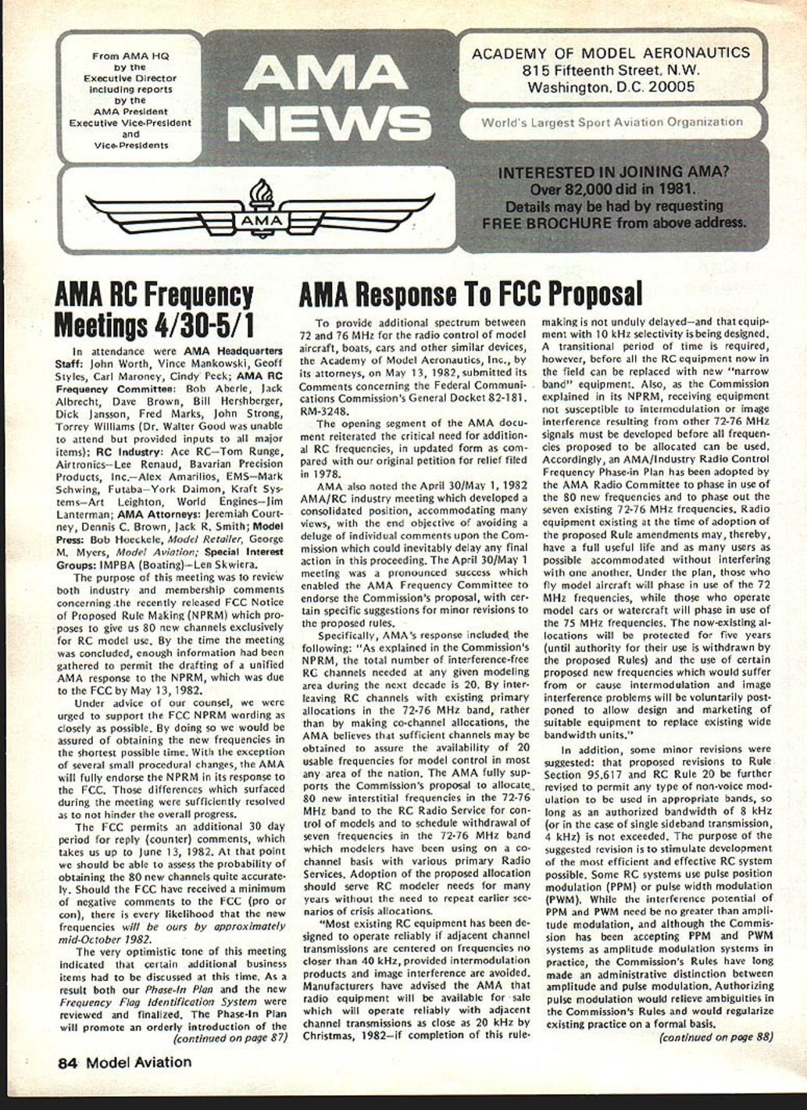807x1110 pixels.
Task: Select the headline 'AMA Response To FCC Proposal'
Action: coord(471,294)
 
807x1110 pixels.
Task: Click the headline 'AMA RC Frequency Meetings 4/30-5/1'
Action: coord(155,309)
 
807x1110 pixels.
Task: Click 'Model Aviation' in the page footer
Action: coord(138,1062)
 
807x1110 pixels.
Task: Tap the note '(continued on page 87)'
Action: coord(229,1038)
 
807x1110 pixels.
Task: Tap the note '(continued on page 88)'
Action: coord(716,1037)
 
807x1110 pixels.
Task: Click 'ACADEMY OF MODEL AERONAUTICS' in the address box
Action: coord(611,53)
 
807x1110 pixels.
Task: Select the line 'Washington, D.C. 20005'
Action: coord(611,87)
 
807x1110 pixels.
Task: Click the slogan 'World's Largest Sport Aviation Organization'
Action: coord(612,122)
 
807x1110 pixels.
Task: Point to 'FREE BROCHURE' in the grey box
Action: coord(546,222)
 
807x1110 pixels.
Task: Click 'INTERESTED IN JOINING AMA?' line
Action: coord(613,173)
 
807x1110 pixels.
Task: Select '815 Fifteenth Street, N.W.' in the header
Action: coord(611,70)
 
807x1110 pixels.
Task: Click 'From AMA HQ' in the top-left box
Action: coord(130,56)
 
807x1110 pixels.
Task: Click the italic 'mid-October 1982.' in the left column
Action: coord(106,939)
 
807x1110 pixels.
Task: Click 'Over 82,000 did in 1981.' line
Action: coord(613,189)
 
